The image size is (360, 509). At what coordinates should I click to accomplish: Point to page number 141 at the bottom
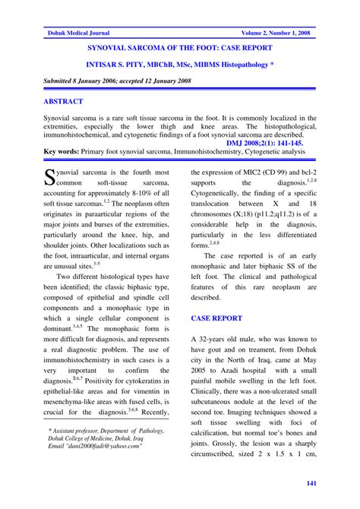pyautogui.click(x=311, y=484)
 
